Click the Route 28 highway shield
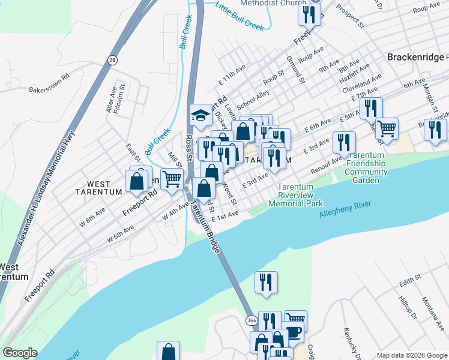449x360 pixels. tap(112, 60)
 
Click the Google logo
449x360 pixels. tap(20, 353)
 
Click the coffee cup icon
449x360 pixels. tap(294, 333)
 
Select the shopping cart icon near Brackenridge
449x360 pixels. tap(387, 128)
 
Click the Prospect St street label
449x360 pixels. tap(351, 17)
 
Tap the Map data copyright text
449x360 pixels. tap(411, 355)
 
